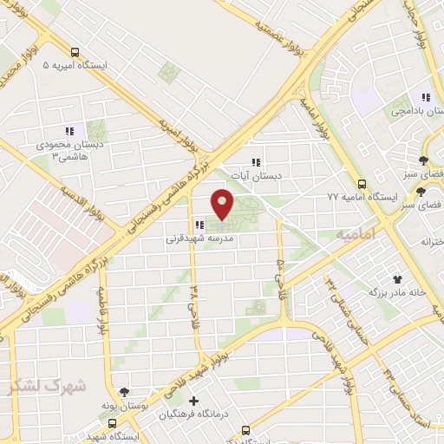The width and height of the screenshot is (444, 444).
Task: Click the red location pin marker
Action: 223,203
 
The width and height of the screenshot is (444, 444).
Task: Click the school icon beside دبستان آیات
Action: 255,161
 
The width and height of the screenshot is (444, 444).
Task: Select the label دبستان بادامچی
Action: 415,111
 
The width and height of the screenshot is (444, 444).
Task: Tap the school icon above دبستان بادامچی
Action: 425,97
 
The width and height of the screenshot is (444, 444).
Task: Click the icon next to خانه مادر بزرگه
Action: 398,279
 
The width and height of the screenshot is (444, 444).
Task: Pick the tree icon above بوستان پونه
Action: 124,392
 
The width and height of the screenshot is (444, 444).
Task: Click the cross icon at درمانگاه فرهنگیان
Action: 193,401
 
